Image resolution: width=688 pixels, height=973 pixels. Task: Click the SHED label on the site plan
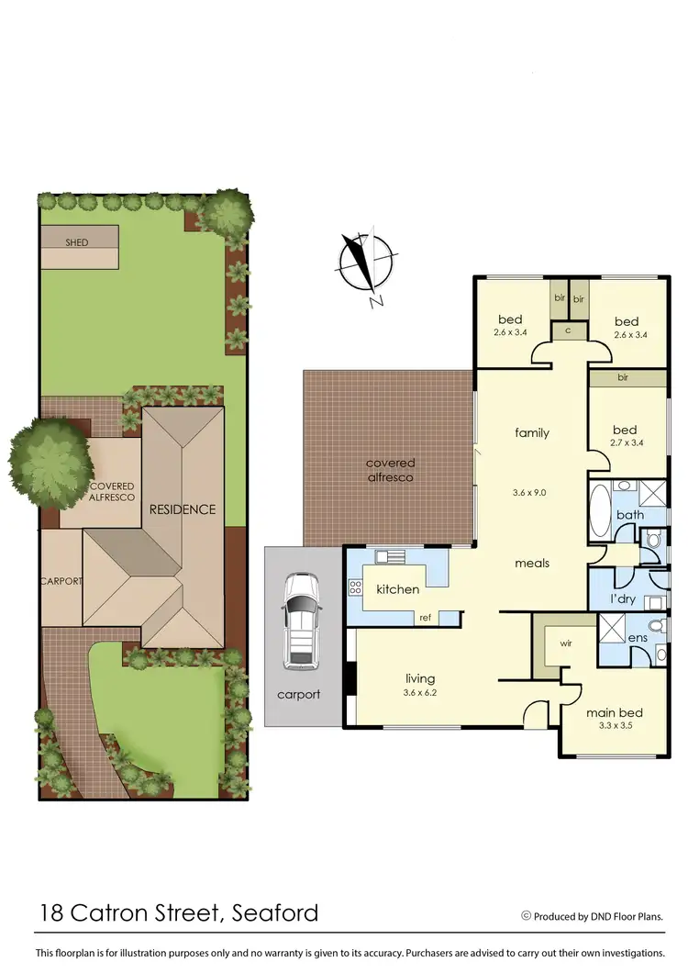(x=76, y=242)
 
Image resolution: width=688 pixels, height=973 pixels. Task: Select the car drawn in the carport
(x=300, y=620)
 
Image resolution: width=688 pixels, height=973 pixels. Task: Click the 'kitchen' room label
(x=398, y=588)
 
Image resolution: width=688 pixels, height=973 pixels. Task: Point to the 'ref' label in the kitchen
(x=425, y=618)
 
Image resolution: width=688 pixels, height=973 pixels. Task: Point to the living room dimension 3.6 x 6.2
(x=419, y=692)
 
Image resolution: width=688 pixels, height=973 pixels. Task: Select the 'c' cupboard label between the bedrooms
(x=568, y=330)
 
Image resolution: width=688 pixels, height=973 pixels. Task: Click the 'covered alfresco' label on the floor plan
(x=390, y=470)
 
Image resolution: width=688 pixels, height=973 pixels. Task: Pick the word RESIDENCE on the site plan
(x=183, y=509)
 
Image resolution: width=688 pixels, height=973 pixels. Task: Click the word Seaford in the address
(x=274, y=912)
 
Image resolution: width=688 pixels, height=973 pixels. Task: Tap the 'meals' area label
(x=532, y=563)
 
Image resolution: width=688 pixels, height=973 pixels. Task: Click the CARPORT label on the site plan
(x=61, y=581)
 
